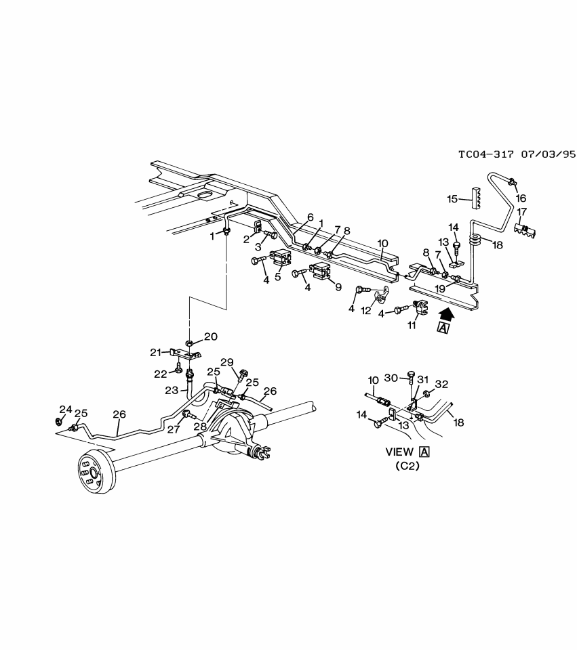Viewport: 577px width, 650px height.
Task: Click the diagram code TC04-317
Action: tap(487, 154)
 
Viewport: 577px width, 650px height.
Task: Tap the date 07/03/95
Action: tap(548, 154)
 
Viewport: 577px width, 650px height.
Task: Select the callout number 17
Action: tap(522, 212)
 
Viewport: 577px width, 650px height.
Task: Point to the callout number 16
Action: tap(521, 198)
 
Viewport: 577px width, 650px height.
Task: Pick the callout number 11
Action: tap(412, 326)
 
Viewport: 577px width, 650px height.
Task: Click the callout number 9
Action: tap(338, 286)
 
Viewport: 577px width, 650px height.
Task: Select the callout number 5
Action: tap(278, 276)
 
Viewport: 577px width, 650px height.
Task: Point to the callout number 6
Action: tap(310, 217)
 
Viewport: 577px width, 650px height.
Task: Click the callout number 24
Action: tap(65, 409)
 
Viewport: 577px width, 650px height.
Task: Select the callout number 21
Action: tap(156, 352)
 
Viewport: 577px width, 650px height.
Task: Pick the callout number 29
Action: tap(226, 362)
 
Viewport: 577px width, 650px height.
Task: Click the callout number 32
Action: tap(441, 385)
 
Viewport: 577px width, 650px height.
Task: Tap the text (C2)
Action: tap(407, 466)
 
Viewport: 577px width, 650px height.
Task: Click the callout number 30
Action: tap(391, 378)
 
